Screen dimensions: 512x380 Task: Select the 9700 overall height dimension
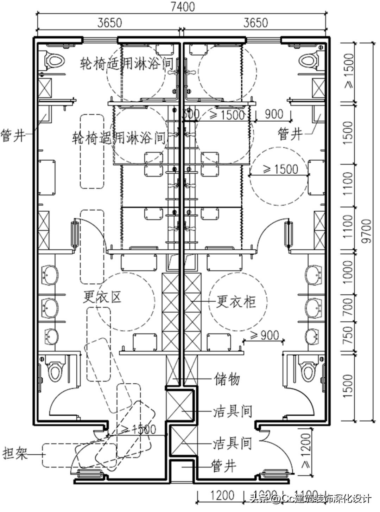pos(368,231)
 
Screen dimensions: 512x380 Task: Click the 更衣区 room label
pos(102,297)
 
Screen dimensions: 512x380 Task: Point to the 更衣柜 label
pos(235,302)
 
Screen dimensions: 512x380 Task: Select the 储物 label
pos(227,379)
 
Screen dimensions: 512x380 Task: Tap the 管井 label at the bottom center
pos(224,466)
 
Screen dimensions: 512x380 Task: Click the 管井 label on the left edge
pos(13,135)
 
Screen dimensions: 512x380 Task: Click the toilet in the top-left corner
pos(55,60)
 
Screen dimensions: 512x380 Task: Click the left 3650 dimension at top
pos(109,23)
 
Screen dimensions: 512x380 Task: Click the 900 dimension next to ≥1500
pos(273,114)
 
